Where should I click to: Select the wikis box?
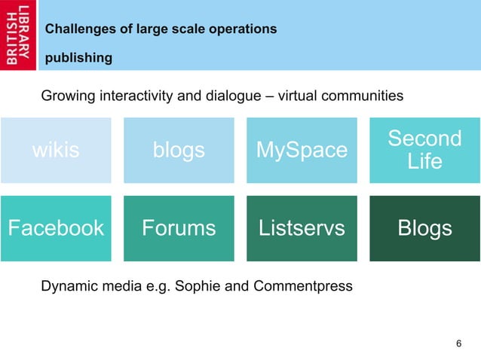[56, 151]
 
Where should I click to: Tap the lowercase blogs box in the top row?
[179, 151]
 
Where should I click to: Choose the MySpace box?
[302, 151]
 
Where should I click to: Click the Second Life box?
[424, 150]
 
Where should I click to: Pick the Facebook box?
[56, 228]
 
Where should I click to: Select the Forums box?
[179, 228]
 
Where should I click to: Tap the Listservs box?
[302, 228]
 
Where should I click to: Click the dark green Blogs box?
[424, 228]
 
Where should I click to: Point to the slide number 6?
[458, 344]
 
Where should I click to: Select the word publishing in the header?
[79, 58]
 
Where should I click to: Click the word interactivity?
[133, 96]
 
